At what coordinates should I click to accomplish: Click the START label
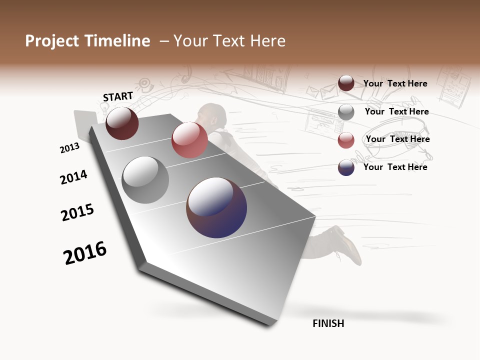118,96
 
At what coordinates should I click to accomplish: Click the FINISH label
328,323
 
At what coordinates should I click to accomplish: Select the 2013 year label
69,148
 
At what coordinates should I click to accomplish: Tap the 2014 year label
73,177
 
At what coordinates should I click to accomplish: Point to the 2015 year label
77,212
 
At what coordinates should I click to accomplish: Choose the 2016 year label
85,253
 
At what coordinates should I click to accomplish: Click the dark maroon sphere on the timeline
122,123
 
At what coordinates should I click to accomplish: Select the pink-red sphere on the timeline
189,140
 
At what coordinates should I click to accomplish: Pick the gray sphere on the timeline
145,180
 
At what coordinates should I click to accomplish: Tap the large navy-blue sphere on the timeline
216,207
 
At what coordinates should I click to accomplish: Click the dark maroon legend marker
346,83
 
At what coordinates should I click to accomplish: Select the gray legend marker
346,112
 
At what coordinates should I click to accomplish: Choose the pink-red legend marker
346,139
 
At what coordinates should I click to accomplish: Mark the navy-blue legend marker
346,167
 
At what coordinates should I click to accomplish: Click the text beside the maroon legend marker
395,83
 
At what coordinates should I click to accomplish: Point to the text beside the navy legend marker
395,167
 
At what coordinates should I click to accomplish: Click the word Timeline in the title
117,41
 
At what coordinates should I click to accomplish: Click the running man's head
212,114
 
